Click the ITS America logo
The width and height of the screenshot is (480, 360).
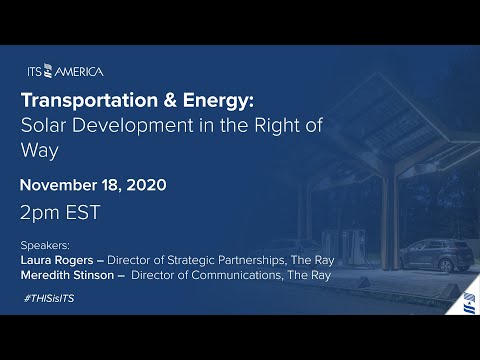(65, 71)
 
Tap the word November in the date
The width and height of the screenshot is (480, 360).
(62, 185)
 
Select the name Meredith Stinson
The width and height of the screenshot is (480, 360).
(68, 271)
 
